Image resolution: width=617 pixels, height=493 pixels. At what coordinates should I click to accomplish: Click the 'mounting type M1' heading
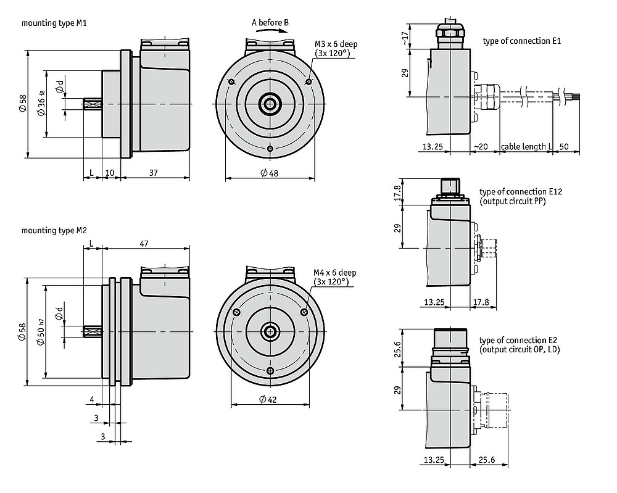click(x=54, y=23)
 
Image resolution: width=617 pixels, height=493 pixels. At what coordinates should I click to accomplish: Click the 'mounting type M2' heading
click(x=54, y=230)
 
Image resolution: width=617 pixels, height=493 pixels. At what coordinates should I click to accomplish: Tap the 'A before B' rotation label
click(x=270, y=22)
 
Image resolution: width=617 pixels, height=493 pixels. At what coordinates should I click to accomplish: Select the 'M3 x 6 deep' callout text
click(x=336, y=44)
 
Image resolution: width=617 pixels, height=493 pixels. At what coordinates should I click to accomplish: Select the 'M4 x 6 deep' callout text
click(x=335, y=272)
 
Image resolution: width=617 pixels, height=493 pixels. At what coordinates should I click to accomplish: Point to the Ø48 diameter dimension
click(x=270, y=173)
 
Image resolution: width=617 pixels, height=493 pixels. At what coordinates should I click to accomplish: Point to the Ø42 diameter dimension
click(x=268, y=399)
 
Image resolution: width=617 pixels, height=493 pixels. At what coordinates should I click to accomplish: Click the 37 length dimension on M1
click(x=154, y=173)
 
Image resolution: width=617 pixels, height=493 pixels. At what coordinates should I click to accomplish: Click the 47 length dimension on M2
click(x=144, y=244)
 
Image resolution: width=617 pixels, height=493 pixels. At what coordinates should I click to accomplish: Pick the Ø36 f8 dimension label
click(x=41, y=104)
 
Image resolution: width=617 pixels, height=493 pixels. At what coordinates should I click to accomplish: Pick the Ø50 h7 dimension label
click(x=41, y=331)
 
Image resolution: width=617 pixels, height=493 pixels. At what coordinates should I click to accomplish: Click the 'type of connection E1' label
click(x=522, y=41)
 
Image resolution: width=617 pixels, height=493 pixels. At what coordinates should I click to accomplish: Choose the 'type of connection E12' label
click(x=521, y=192)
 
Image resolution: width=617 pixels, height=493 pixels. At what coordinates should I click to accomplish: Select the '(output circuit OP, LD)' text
click(x=520, y=349)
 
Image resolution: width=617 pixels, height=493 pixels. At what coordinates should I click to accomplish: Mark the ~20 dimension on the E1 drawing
click(x=481, y=147)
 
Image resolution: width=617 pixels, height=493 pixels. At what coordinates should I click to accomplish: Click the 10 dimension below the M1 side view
click(x=110, y=173)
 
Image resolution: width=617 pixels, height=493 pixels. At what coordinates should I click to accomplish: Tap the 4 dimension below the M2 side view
click(x=92, y=400)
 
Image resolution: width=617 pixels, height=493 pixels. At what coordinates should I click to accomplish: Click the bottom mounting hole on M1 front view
click(x=270, y=148)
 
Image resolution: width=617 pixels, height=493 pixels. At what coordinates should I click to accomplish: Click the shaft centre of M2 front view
click(x=270, y=332)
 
